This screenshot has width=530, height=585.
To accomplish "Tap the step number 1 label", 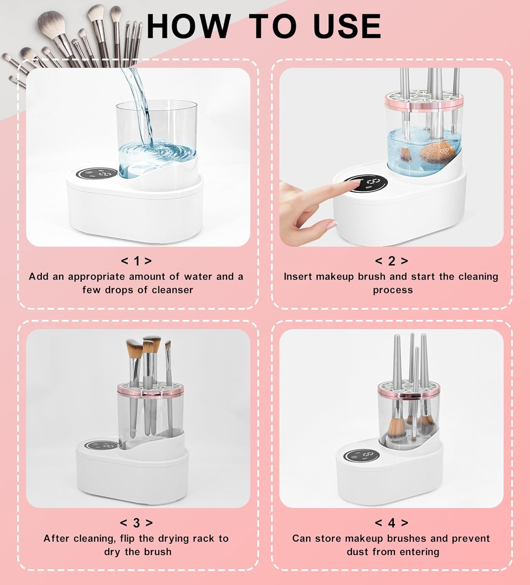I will click(x=137, y=261).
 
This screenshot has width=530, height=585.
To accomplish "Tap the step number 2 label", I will click(x=391, y=261).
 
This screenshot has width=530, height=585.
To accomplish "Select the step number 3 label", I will click(x=136, y=523).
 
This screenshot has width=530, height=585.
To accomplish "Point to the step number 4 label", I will click(x=391, y=523).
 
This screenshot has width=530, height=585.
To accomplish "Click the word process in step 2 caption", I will click(x=393, y=290).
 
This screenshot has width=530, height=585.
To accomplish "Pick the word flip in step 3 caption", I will click(x=127, y=539).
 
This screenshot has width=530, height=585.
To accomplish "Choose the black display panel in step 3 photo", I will click(x=101, y=445).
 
